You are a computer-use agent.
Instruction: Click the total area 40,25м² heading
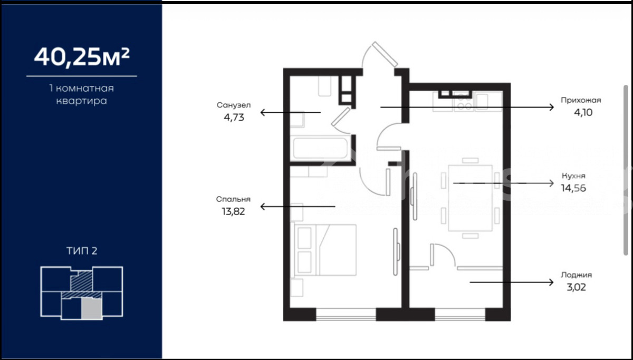click(82, 57)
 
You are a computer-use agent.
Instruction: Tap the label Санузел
click(234, 105)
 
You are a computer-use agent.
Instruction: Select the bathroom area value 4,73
click(234, 117)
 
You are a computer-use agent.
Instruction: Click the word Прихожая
click(581, 100)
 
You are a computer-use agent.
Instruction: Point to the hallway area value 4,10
click(583, 112)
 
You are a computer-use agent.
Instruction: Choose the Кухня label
click(573, 176)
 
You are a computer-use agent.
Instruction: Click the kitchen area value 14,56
click(573, 188)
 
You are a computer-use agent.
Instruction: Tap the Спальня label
click(233, 199)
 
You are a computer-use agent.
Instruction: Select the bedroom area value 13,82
click(233, 211)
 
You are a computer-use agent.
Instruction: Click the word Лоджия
click(577, 275)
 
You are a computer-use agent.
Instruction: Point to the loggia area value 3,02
click(576, 287)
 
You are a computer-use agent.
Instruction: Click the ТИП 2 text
click(82, 251)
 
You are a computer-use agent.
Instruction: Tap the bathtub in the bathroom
click(320, 149)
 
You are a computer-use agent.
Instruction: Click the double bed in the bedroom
click(325, 250)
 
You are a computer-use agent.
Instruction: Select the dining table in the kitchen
click(470, 198)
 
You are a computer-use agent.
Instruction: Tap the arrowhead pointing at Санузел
click(263, 112)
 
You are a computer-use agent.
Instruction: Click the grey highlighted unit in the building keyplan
click(92, 309)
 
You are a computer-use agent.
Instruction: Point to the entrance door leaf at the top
click(385, 54)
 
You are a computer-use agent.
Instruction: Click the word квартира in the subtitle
click(82, 101)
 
